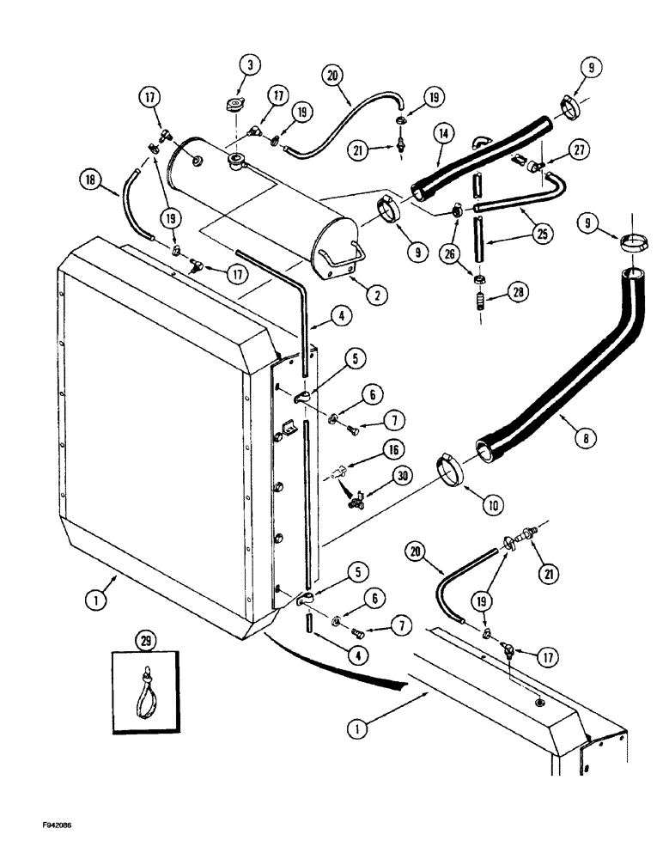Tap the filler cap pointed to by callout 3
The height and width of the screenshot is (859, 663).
(233, 108)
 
